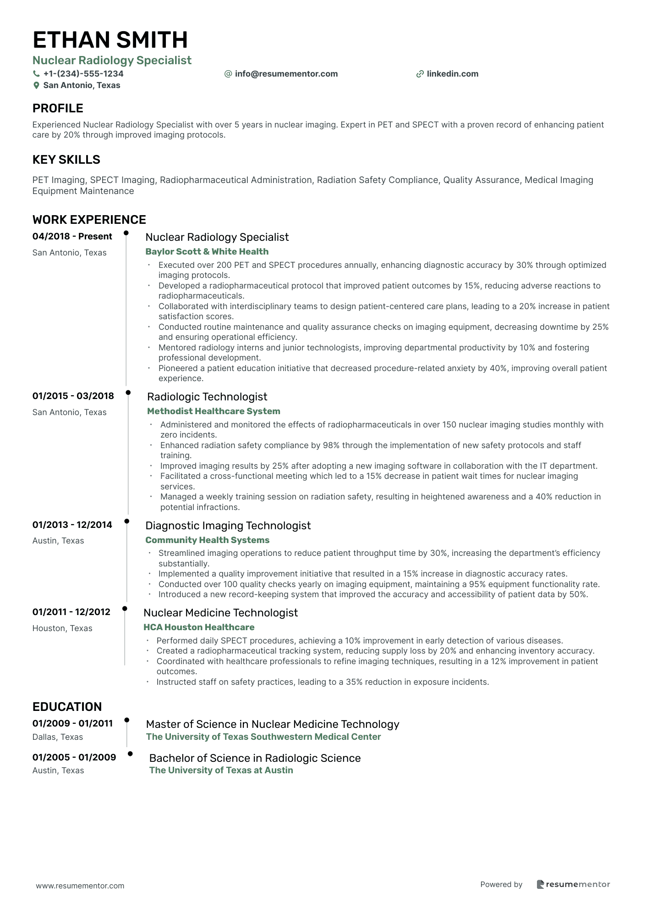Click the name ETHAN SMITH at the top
point(110,40)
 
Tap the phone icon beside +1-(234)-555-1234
point(36,74)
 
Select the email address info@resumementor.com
point(286,74)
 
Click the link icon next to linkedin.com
point(420,74)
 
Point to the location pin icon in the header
point(36,85)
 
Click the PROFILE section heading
point(58,108)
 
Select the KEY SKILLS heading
point(66,160)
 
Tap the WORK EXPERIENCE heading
point(89,220)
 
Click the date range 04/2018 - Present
point(72,237)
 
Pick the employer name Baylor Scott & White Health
point(207,251)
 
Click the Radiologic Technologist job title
point(207,397)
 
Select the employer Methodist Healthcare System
point(214,411)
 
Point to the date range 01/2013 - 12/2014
point(72,525)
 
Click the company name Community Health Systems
point(207,540)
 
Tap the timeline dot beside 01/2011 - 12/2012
point(125,609)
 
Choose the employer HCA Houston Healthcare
point(199,627)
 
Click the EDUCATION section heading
point(67,707)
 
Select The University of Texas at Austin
point(221,770)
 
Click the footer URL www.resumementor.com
point(80,886)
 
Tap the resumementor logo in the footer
point(573,884)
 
